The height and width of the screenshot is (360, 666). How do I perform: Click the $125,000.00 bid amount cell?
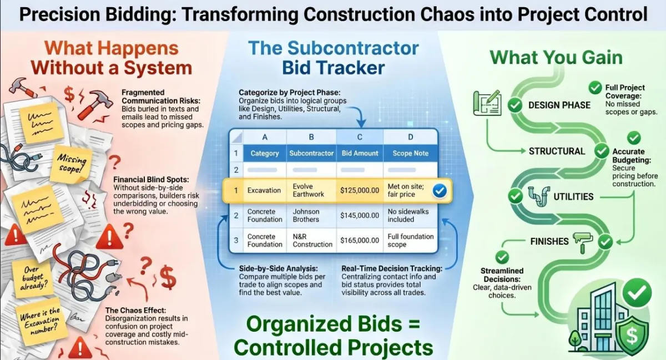tap(359, 191)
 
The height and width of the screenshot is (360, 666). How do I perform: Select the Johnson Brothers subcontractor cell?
tap(306, 215)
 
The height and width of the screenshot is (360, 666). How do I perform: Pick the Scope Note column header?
tap(410, 153)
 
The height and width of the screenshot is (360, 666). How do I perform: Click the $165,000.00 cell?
tap(359, 240)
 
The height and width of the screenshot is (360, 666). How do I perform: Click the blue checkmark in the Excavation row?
tap(440, 191)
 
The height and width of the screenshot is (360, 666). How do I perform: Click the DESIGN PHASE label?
tap(559, 105)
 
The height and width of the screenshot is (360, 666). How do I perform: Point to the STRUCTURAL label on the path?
tap(557, 151)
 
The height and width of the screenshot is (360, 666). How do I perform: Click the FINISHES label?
tap(549, 241)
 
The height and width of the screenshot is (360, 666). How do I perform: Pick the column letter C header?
tap(359, 136)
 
